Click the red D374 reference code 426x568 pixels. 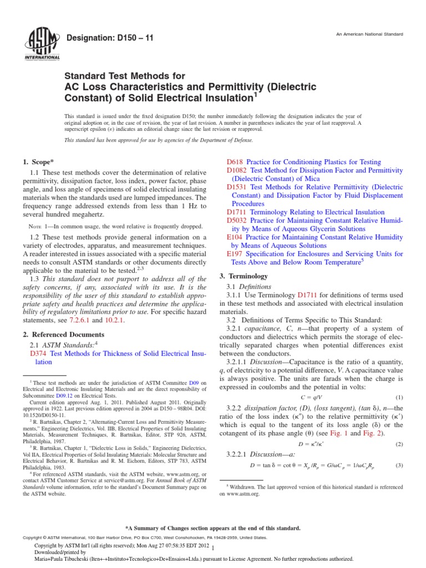tap(37, 353)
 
